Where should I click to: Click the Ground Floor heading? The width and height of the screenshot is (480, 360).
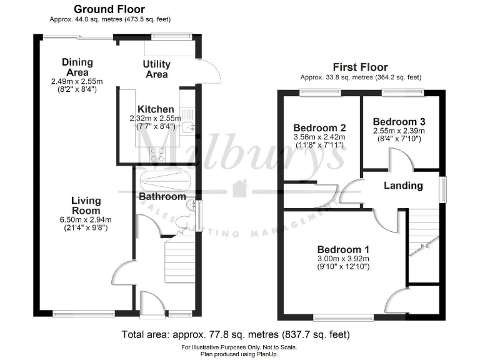click(x=109, y=9)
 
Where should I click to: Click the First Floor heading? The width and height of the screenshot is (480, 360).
click(x=360, y=67)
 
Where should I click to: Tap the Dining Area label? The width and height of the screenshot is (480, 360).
click(x=77, y=67)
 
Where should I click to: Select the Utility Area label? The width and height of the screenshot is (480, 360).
click(x=156, y=69)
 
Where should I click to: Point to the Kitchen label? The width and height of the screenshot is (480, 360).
click(x=155, y=108)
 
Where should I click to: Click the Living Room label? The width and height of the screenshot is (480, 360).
click(x=86, y=206)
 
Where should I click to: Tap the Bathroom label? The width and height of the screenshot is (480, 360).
click(x=162, y=196)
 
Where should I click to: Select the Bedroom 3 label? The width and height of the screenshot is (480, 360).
click(x=399, y=121)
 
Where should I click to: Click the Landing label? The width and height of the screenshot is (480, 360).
click(x=402, y=186)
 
